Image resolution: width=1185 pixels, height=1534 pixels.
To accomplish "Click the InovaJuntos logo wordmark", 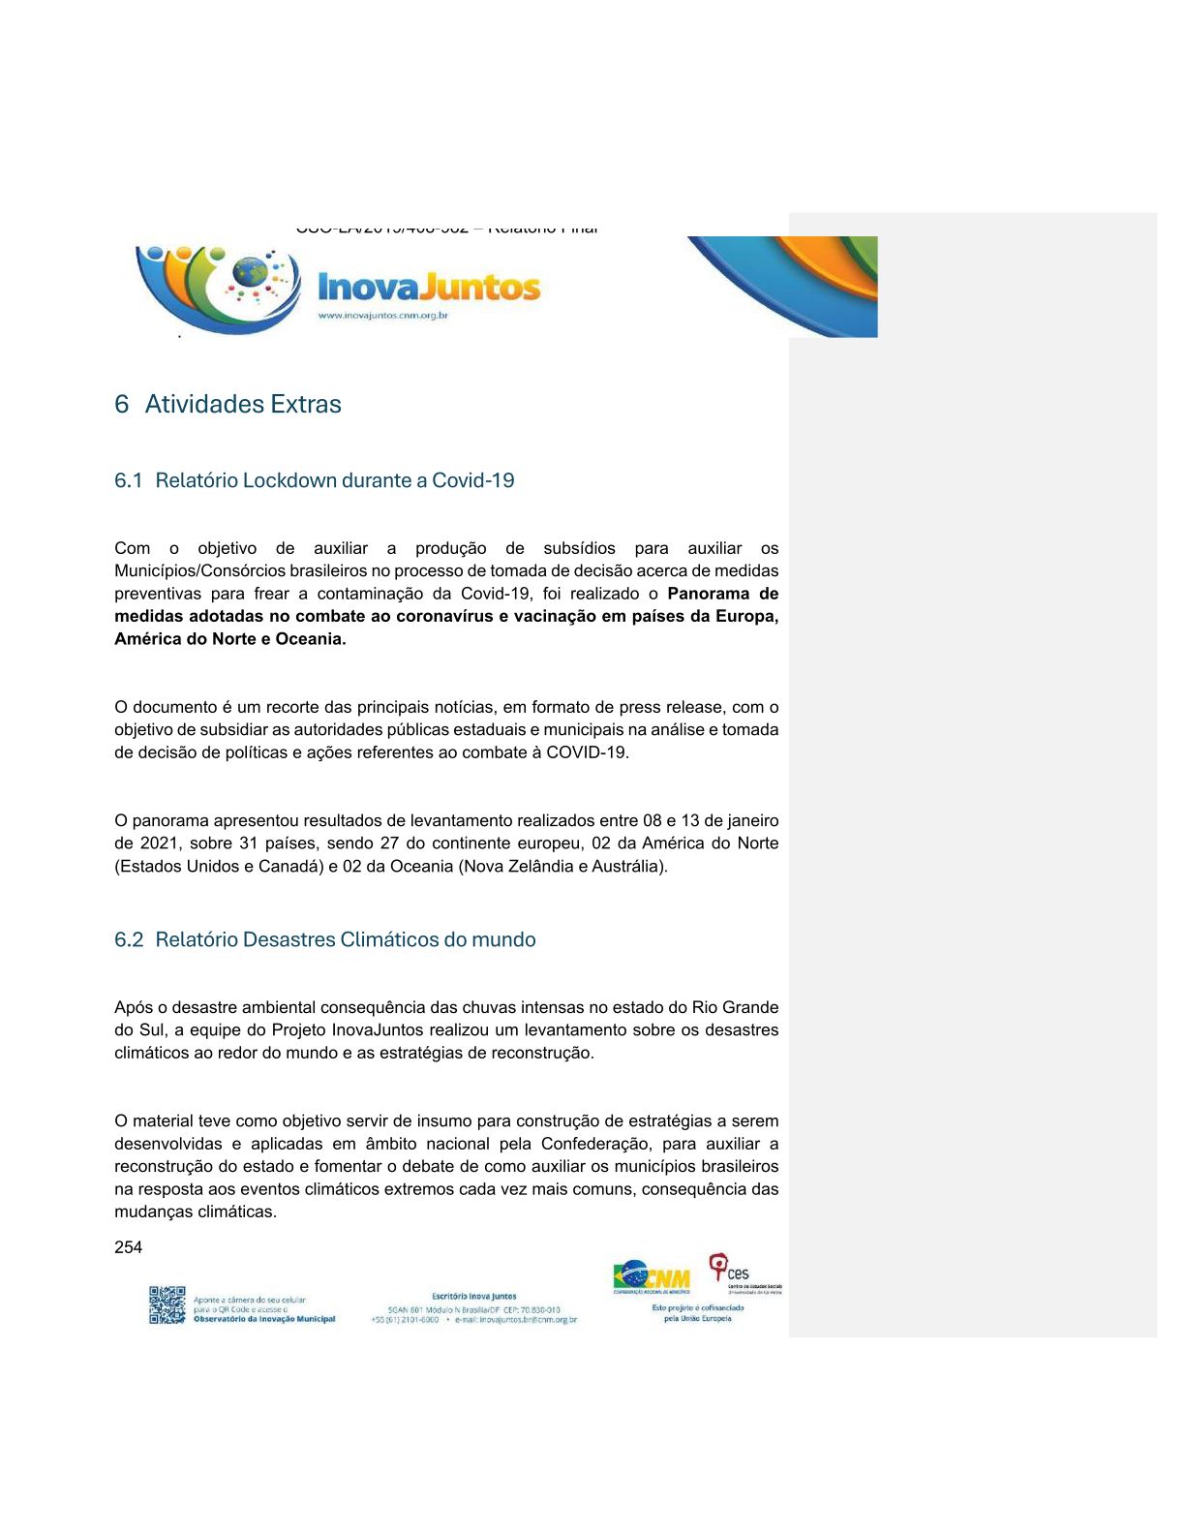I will tap(429, 287).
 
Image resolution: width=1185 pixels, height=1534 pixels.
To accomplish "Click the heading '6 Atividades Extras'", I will tap(228, 404).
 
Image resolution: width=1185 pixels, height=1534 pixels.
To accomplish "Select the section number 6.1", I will tap(128, 480).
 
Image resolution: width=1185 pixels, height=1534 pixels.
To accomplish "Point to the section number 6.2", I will tap(128, 939).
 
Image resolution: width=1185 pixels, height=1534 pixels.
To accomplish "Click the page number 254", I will tap(128, 1247).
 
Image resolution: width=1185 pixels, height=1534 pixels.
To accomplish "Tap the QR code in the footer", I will tap(167, 1304).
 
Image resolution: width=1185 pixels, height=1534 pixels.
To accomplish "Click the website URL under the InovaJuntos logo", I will tap(382, 316).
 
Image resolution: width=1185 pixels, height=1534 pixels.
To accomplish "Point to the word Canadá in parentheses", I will tap(289, 866).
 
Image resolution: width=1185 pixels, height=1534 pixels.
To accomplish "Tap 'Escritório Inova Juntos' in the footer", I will tap(473, 1296).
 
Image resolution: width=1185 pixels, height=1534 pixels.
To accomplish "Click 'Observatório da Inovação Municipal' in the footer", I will tap(264, 1319).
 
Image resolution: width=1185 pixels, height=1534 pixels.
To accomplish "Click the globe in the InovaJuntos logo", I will tap(251, 272).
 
